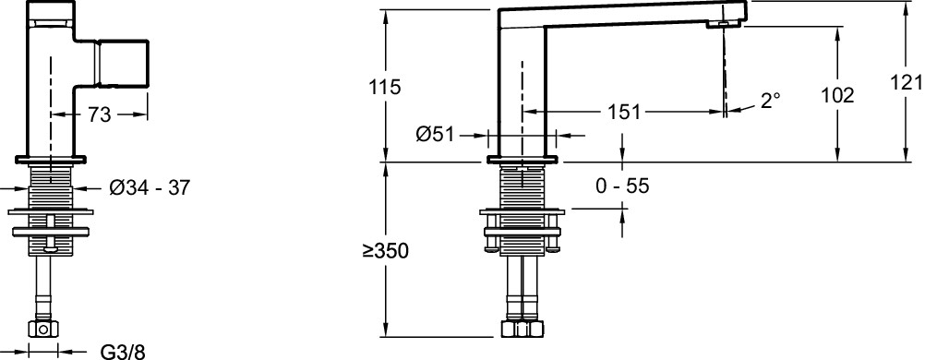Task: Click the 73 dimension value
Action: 100,115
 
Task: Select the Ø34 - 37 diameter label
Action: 150,188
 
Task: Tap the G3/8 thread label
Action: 123,352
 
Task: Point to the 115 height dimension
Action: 385,87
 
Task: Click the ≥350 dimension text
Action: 386,251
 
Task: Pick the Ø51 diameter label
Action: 435,135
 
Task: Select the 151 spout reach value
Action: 624,112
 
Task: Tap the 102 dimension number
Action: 837,95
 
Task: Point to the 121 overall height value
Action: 907,83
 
